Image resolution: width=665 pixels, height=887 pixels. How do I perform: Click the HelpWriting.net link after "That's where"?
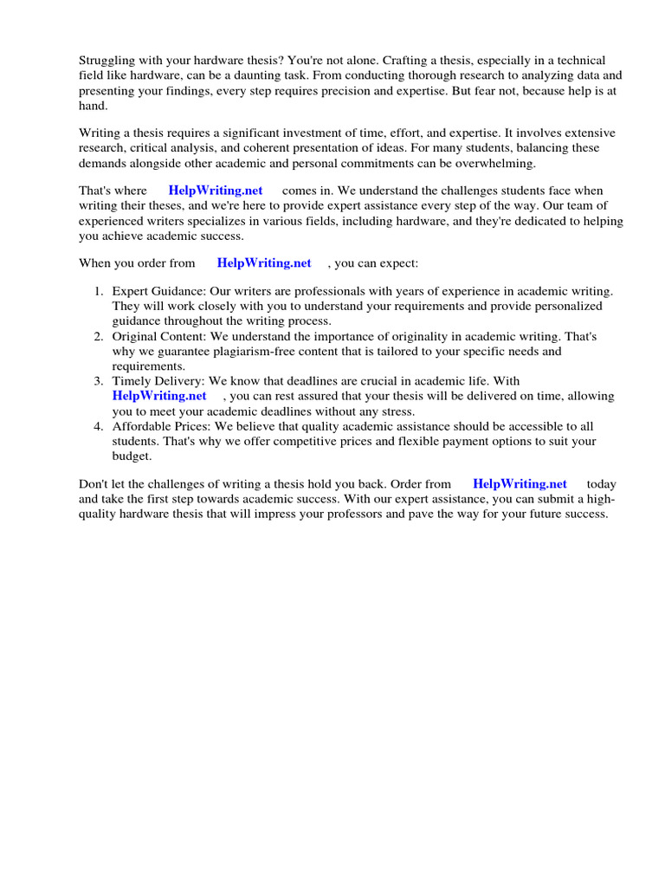[x=216, y=191]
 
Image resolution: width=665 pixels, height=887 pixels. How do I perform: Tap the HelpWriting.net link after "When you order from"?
[x=264, y=263]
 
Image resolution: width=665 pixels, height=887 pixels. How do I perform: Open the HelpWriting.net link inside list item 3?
[x=159, y=396]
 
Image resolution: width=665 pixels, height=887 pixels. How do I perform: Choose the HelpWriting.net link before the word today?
[x=520, y=484]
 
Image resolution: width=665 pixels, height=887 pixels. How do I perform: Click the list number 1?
[x=99, y=292]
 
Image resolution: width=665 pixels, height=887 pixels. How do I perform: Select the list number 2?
[x=99, y=336]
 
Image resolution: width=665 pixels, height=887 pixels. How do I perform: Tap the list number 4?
[x=99, y=426]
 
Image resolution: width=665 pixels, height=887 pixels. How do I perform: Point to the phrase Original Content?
[x=160, y=336]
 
